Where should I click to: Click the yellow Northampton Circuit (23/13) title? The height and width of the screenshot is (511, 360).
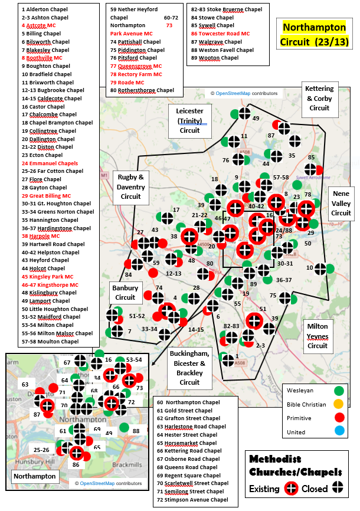tap(315, 35)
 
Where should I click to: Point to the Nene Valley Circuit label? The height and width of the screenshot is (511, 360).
tap(341, 202)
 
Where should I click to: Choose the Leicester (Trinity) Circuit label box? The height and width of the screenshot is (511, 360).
tap(190, 120)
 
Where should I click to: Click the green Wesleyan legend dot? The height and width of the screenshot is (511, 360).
tap(339, 390)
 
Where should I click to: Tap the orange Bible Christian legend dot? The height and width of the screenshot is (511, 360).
tap(339, 404)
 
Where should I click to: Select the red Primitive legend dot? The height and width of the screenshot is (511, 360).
tap(339, 418)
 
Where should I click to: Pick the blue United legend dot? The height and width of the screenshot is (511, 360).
tap(339, 433)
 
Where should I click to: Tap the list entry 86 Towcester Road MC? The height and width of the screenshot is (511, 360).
tap(220, 34)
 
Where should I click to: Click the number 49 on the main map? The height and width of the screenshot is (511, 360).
tap(256, 118)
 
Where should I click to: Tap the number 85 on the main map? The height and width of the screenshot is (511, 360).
tap(312, 158)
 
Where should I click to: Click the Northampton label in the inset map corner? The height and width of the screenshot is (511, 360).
tap(35, 476)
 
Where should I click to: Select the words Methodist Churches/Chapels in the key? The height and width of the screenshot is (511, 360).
tap(295, 465)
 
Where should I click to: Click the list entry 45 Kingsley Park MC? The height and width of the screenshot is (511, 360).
tap(48, 276)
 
